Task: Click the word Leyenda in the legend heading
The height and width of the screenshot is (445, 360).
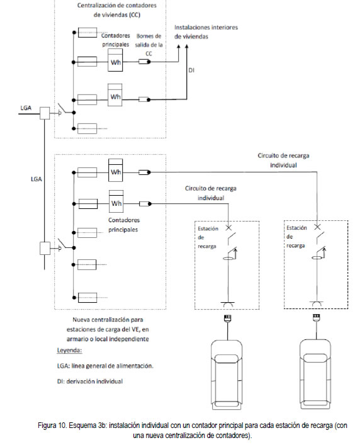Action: (69, 350)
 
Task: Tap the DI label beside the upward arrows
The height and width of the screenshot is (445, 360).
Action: (191, 70)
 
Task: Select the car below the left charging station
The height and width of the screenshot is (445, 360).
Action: (227, 375)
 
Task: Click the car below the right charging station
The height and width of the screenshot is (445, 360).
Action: (315, 375)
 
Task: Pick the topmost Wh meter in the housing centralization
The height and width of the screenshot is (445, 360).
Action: (115, 60)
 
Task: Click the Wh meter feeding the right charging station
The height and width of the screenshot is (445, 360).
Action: (116, 170)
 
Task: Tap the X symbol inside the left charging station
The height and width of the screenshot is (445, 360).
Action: (228, 227)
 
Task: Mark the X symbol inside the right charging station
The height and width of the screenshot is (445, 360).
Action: (317, 227)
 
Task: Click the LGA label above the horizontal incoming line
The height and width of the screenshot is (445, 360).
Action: (26, 108)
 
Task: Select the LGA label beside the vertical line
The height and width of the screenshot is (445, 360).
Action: (37, 179)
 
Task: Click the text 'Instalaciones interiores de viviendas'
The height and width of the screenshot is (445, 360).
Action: (206, 31)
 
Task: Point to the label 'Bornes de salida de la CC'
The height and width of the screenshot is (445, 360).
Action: (149, 45)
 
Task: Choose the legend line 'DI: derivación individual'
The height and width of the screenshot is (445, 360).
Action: (90, 381)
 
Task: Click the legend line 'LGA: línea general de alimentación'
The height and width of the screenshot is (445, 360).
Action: (105, 366)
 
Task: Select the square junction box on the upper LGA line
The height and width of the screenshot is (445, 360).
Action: (45, 113)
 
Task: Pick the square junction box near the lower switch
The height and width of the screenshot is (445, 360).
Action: (45, 248)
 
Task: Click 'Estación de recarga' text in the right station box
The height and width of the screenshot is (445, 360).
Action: (296, 237)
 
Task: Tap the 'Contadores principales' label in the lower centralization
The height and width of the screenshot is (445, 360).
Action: (124, 225)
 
